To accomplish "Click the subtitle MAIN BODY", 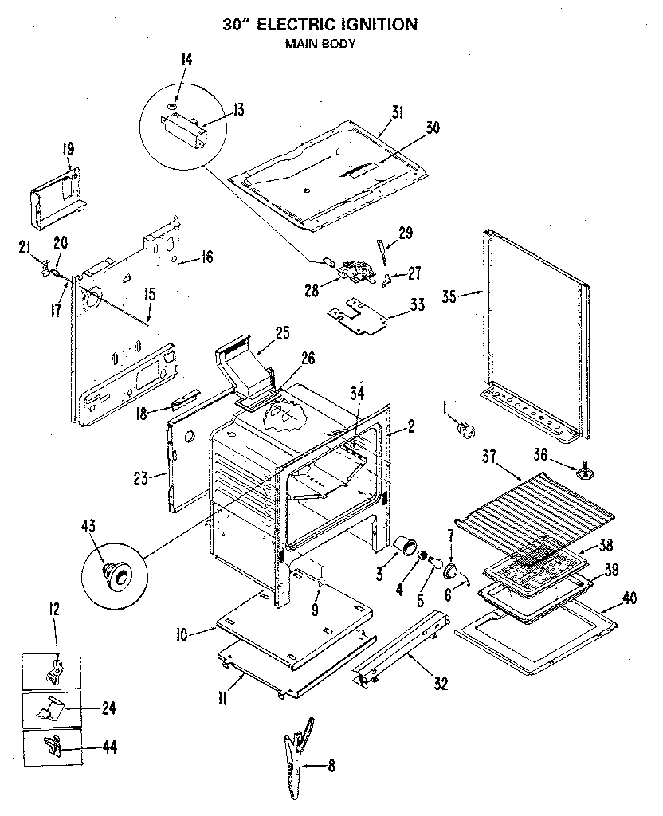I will click(x=320, y=44).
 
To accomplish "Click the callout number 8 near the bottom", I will click(x=331, y=767).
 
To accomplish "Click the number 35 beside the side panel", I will click(x=449, y=296).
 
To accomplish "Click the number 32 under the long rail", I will click(x=441, y=683).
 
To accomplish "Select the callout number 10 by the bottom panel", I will click(x=182, y=634).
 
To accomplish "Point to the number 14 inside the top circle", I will click(x=186, y=59).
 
